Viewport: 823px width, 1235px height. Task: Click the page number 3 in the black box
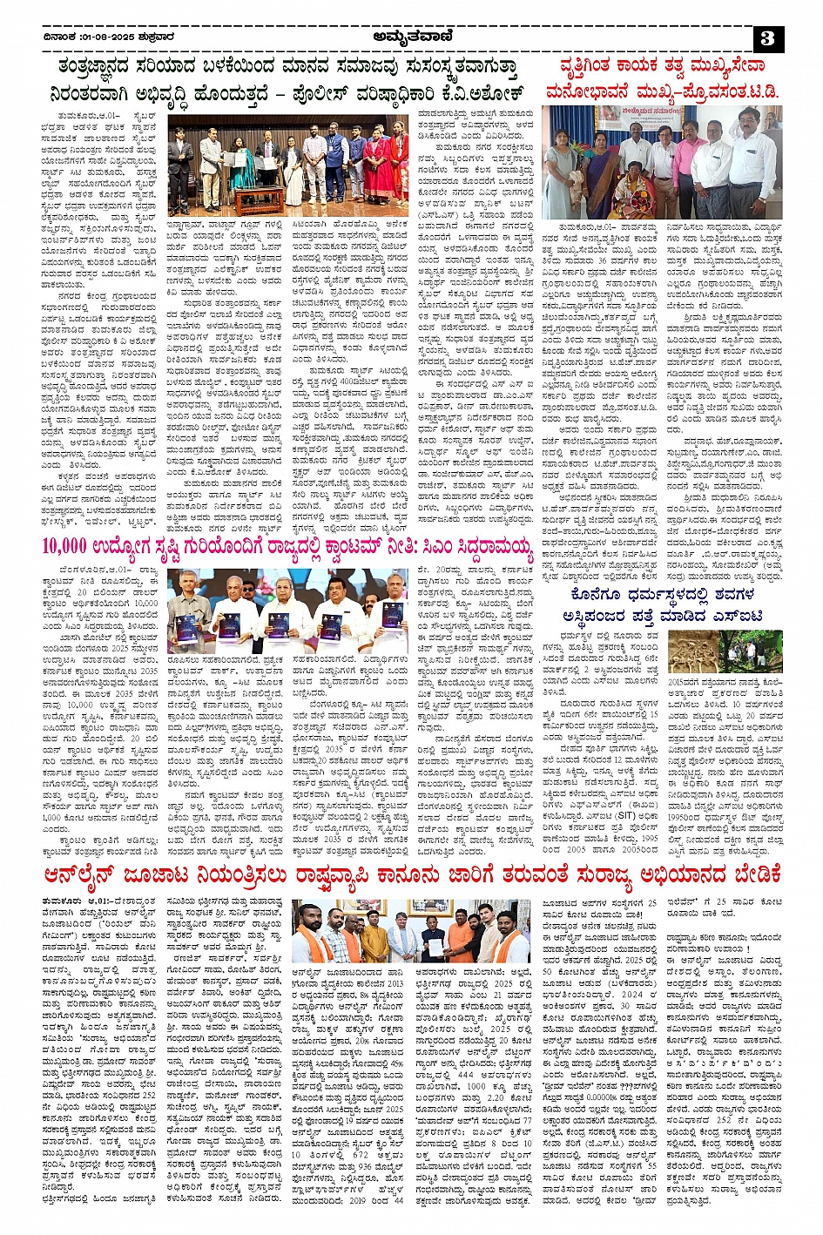tap(766, 38)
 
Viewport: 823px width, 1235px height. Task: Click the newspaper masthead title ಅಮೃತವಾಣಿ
tap(412, 37)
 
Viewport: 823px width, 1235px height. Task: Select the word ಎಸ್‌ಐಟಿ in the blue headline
tap(736, 617)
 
